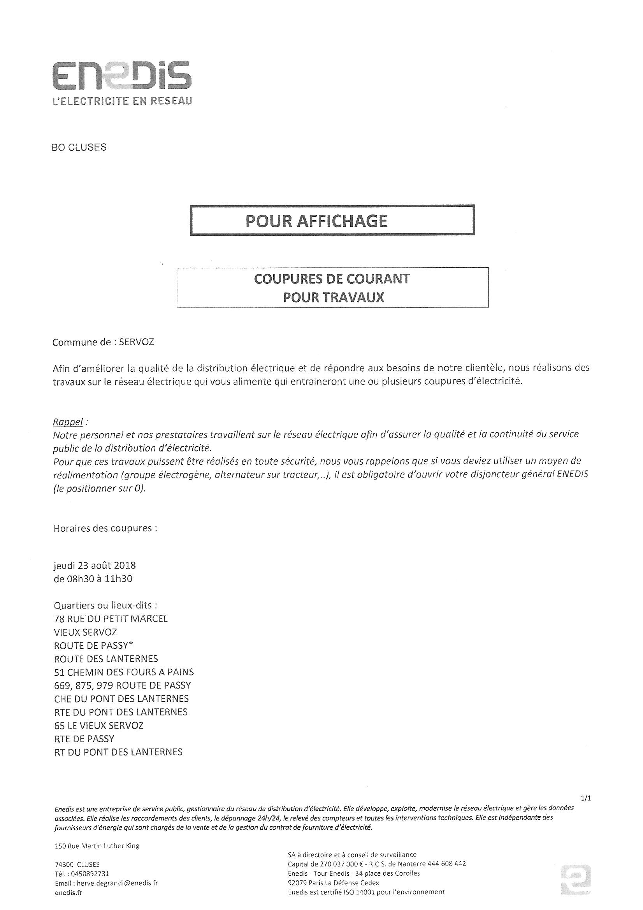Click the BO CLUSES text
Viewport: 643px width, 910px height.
[79, 148]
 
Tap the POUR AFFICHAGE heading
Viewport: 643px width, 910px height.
[316, 221]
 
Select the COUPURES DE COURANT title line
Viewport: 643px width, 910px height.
[332, 279]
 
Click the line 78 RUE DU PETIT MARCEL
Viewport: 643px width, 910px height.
[111, 619]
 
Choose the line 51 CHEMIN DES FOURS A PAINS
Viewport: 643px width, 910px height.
[124, 672]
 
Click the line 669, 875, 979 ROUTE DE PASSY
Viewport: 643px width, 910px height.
[122, 685]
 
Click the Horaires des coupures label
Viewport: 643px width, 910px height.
[105, 528]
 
